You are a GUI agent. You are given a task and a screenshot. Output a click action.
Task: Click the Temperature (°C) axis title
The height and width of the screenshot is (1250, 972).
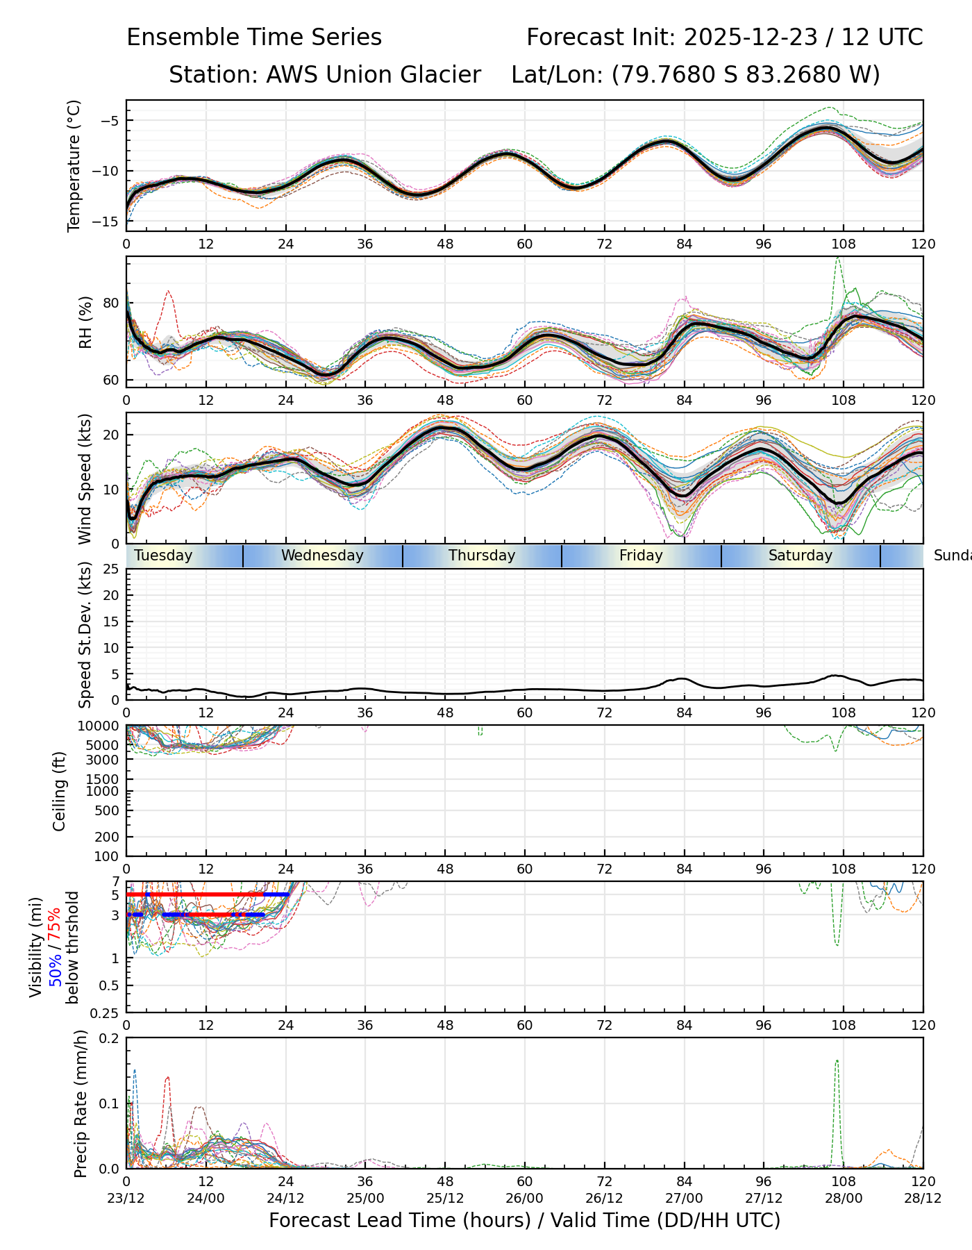(x=74, y=165)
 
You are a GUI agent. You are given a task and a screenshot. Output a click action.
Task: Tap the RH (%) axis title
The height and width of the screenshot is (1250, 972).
(x=85, y=322)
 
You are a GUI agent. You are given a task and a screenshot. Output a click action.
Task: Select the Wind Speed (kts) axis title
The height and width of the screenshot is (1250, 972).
(x=85, y=478)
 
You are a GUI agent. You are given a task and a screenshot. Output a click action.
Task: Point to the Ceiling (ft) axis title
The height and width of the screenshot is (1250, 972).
(x=60, y=791)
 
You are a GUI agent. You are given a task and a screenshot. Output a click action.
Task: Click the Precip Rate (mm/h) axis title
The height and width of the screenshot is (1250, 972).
(x=81, y=1103)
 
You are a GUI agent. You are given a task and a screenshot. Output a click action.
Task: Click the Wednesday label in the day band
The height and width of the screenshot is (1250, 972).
(x=322, y=556)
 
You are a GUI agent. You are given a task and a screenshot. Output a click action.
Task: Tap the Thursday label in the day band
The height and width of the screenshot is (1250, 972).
(x=482, y=556)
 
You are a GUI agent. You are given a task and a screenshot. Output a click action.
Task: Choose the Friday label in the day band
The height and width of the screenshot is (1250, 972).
(x=641, y=556)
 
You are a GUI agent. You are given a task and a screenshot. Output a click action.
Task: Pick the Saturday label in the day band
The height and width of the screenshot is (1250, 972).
(x=800, y=556)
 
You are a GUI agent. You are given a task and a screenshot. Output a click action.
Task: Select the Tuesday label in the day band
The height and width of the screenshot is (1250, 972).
(x=163, y=556)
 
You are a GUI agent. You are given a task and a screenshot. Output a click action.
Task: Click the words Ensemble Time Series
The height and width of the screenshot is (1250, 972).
(x=254, y=37)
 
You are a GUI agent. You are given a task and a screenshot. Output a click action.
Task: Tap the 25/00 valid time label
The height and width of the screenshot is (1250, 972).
(x=365, y=1198)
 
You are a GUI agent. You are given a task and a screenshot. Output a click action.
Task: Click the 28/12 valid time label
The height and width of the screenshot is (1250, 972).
(x=923, y=1198)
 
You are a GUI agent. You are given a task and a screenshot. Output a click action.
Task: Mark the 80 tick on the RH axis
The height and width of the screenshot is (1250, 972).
(x=111, y=303)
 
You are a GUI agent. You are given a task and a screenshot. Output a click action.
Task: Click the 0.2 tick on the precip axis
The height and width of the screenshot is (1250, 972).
(x=110, y=1039)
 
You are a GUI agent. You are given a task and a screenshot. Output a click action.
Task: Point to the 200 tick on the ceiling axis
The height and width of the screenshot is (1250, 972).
(x=107, y=837)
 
